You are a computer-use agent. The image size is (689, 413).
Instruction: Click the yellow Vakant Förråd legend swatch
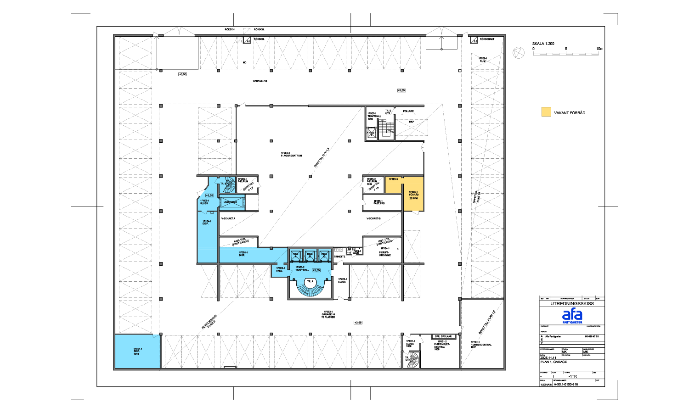(x=546, y=112)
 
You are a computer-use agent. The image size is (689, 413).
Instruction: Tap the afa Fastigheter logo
(x=572, y=316)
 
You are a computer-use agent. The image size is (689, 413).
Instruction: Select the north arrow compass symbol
(x=519, y=53)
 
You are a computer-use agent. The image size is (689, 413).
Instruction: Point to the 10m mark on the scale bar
(x=599, y=49)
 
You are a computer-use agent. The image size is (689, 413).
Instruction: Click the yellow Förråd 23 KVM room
(x=413, y=195)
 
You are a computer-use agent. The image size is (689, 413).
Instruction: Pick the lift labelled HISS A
(x=295, y=255)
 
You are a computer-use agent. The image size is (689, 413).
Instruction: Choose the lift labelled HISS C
(x=324, y=255)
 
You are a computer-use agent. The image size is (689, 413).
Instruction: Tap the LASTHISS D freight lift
(x=232, y=202)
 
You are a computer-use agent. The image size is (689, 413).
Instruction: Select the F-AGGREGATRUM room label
(x=291, y=154)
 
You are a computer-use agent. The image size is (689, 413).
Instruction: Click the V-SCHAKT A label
(x=228, y=218)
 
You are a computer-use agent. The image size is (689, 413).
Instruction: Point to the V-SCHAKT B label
(x=373, y=218)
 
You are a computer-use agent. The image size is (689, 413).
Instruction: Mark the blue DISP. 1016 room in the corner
(x=137, y=352)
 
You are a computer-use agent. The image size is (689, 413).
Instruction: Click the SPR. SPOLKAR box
(x=443, y=336)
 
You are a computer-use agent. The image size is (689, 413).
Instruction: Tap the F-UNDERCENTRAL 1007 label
(x=481, y=344)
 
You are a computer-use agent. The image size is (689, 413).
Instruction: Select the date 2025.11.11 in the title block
(x=548, y=358)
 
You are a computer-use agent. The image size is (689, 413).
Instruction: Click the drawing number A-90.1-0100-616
(x=565, y=384)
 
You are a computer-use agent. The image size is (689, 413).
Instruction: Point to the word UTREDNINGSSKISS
(x=572, y=303)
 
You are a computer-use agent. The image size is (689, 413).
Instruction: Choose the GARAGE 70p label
(x=260, y=81)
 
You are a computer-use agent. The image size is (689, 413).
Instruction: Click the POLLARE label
(x=408, y=111)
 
